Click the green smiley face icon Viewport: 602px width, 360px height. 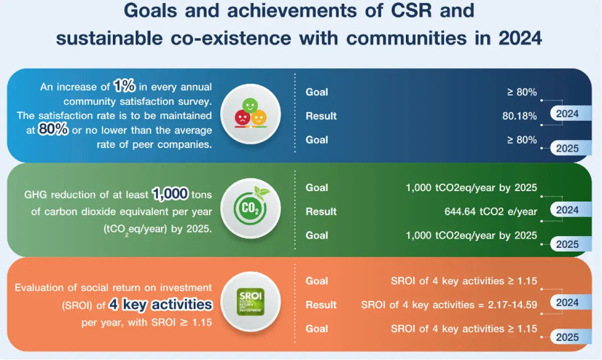(250, 106)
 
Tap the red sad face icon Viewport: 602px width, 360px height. (242, 117)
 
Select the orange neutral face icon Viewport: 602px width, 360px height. (258, 117)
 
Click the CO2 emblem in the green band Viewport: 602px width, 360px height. (250, 208)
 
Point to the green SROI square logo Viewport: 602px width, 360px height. (250, 302)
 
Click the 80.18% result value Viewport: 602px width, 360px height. (519, 116)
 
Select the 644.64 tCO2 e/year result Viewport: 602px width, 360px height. (491, 212)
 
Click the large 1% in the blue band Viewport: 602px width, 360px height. (124, 86)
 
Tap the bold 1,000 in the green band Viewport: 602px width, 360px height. (170, 194)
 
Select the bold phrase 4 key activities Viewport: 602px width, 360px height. (161, 305)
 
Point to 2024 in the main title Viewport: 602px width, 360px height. (520, 39)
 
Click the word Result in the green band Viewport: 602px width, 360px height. (321, 212)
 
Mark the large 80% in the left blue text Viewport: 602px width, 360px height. (53, 129)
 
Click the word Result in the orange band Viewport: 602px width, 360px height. (321, 305)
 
